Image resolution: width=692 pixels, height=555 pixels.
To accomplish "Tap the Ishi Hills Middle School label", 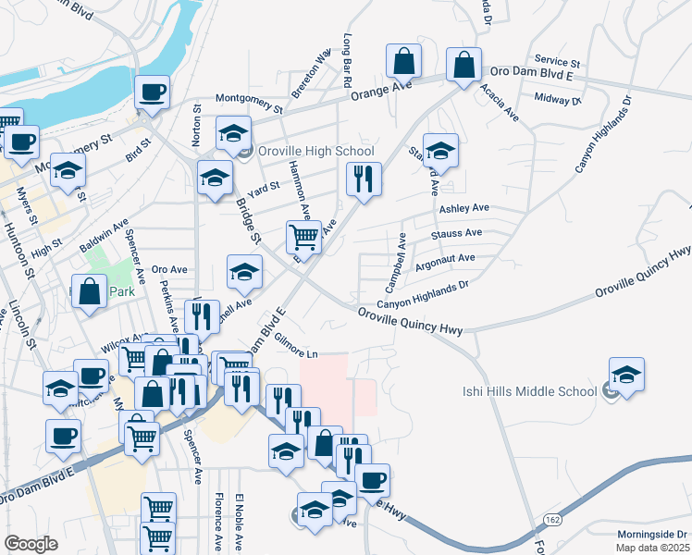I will (530, 391).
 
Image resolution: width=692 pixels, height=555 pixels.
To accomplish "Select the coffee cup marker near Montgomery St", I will (152, 93).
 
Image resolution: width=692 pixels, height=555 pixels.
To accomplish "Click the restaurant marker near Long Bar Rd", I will (364, 178).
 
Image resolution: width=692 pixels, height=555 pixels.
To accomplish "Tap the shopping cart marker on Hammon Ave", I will (303, 239).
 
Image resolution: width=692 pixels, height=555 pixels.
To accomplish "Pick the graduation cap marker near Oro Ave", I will (244, 273).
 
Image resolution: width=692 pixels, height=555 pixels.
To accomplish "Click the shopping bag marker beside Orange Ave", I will (404, 62).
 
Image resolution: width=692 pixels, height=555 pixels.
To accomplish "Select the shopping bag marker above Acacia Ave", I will (463, 66).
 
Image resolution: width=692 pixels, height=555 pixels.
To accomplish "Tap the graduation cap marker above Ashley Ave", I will (441, 152).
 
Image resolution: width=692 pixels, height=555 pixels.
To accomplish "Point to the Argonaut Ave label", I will (445, 261).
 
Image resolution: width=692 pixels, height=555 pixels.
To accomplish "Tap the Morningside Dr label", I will (653, 535).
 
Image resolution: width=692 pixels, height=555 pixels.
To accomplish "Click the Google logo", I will (31, 544).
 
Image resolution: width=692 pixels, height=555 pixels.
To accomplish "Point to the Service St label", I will (556, 61).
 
